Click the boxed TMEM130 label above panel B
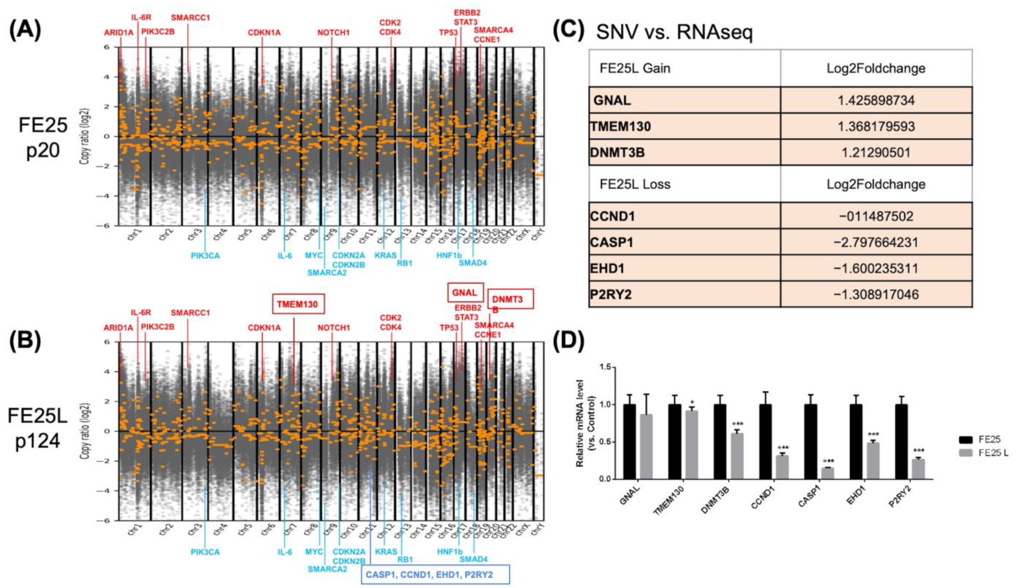tap(298, 304)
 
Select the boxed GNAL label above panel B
tap(465, 293)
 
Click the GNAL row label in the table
tap(612, 100)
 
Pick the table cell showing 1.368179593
tap(876, 127)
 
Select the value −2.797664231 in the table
tap(876, 242)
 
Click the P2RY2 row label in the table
tap(611, 295)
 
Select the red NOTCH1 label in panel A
tap(333, 33)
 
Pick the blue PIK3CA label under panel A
tap(205, 256)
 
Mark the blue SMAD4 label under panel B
tap(473, 559)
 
